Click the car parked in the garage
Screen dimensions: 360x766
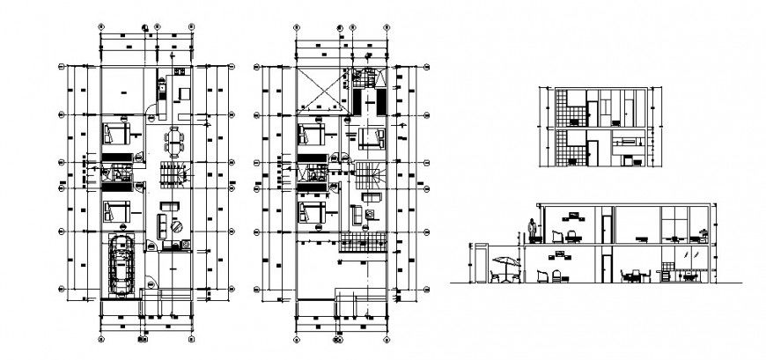(122, 266)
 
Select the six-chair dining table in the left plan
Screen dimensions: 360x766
(173, 140)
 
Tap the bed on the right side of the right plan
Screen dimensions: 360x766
(373, 138)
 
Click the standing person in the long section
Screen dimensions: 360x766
(532, 231)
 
